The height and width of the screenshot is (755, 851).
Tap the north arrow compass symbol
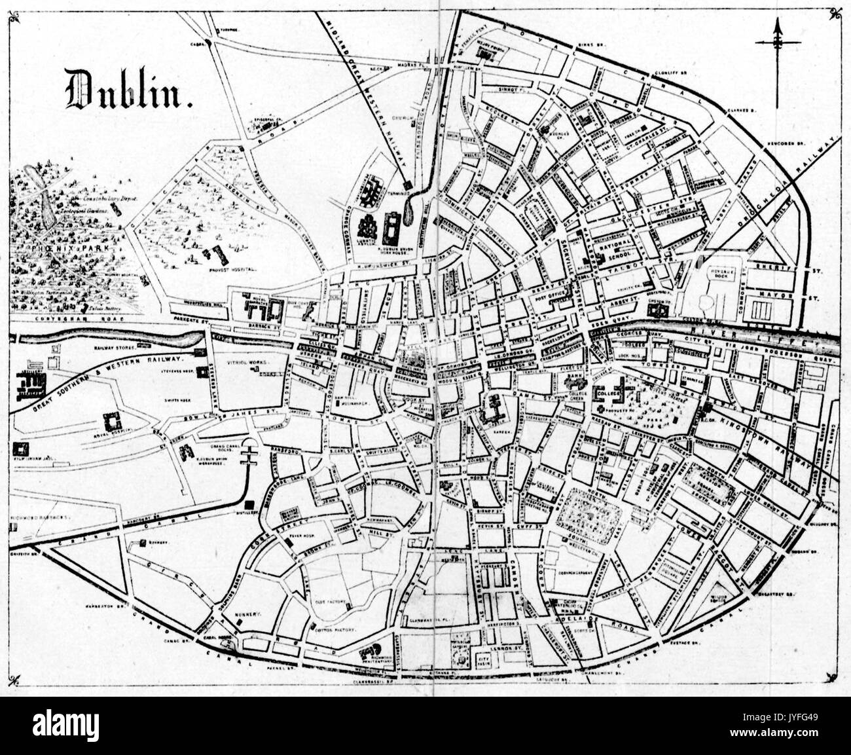click(778, 43)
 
